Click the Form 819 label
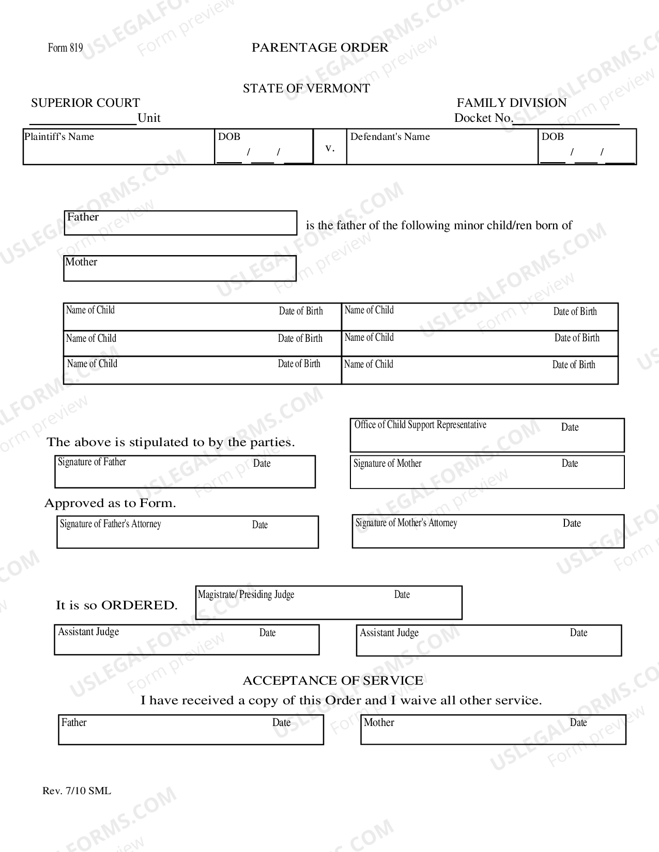[65, 48]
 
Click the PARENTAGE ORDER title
[320, 48]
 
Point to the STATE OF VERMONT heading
[306, 88]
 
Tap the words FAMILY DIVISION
[511, 103]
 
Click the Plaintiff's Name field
[119, 147]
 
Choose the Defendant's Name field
[442, 147]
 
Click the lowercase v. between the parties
[330, 148]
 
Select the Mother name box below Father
[180, 269]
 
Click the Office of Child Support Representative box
[487, 435]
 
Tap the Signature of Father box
[185, 472]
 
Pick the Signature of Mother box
[487, 472]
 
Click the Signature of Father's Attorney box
[187, 532]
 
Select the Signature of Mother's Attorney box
[488, 531]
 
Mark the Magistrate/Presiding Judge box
[329, 603]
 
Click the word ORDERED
[139, 605]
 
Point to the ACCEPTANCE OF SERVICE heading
[333, 681]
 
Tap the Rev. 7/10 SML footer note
[76, 791]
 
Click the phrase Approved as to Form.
[110, 503]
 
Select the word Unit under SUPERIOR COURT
[149, 118]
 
